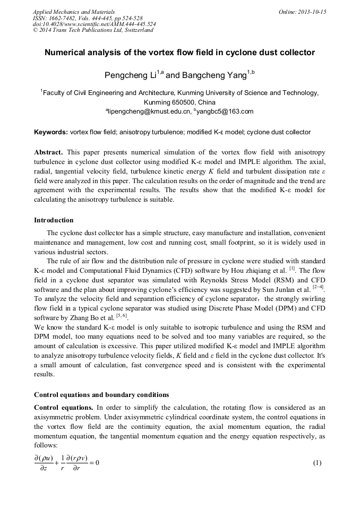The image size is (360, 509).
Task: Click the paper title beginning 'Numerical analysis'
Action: [179, 53]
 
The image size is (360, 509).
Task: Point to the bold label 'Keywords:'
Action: [51, 132]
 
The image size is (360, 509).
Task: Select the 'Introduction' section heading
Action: [54, 220]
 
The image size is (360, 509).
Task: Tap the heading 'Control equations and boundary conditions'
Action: [101, 394]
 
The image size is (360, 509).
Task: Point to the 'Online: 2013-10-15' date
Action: [302, 12]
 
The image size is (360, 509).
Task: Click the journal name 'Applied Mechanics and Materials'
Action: [74, 12]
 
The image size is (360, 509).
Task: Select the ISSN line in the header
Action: [88, 18]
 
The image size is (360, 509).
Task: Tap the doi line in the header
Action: [94, 24]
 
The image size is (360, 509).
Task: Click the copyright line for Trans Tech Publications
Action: [93, 30]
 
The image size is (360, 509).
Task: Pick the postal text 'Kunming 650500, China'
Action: [179, 102]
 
